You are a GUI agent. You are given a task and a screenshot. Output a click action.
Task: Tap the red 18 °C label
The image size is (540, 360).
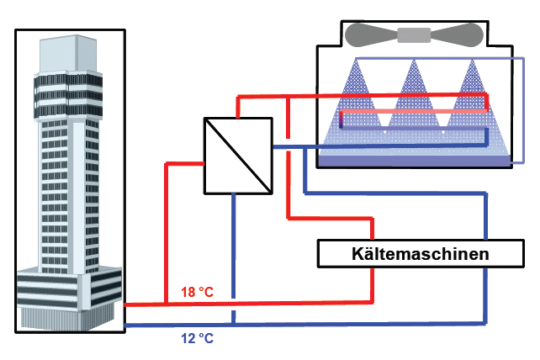[x=198, y=293]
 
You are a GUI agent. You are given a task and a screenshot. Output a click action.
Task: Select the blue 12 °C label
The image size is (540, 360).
[x=198, y=340]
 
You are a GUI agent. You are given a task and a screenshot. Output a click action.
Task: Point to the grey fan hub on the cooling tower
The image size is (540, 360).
[x=412, y=34]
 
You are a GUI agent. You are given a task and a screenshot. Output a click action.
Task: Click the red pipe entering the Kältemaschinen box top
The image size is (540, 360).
[x=371, y=230]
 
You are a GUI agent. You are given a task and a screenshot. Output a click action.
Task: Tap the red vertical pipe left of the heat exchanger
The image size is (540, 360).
[x=167, y=227]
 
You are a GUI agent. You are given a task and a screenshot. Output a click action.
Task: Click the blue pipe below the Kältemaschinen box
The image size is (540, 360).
[x=486, y=294]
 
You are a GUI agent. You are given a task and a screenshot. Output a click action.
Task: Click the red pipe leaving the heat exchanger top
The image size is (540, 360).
[x=239, y=106]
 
